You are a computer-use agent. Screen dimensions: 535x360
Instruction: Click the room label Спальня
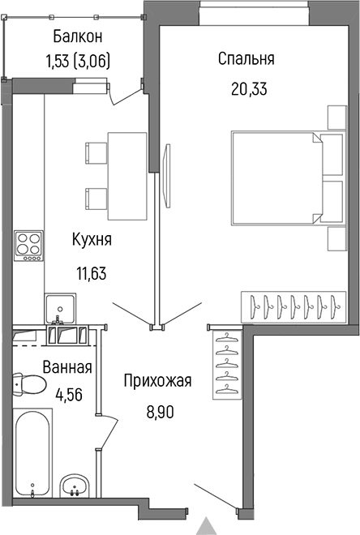coord(246,59)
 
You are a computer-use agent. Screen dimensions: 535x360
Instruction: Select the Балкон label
coord(78,36)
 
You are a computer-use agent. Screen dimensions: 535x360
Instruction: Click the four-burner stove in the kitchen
coord(29,246)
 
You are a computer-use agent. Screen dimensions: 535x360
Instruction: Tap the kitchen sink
coord(62,307)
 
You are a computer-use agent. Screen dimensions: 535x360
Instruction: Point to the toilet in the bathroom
coord(32,386)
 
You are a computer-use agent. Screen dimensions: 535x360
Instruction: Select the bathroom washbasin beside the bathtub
coord(77,486)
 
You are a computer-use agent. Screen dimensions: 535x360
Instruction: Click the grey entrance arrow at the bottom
coord(208,525)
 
